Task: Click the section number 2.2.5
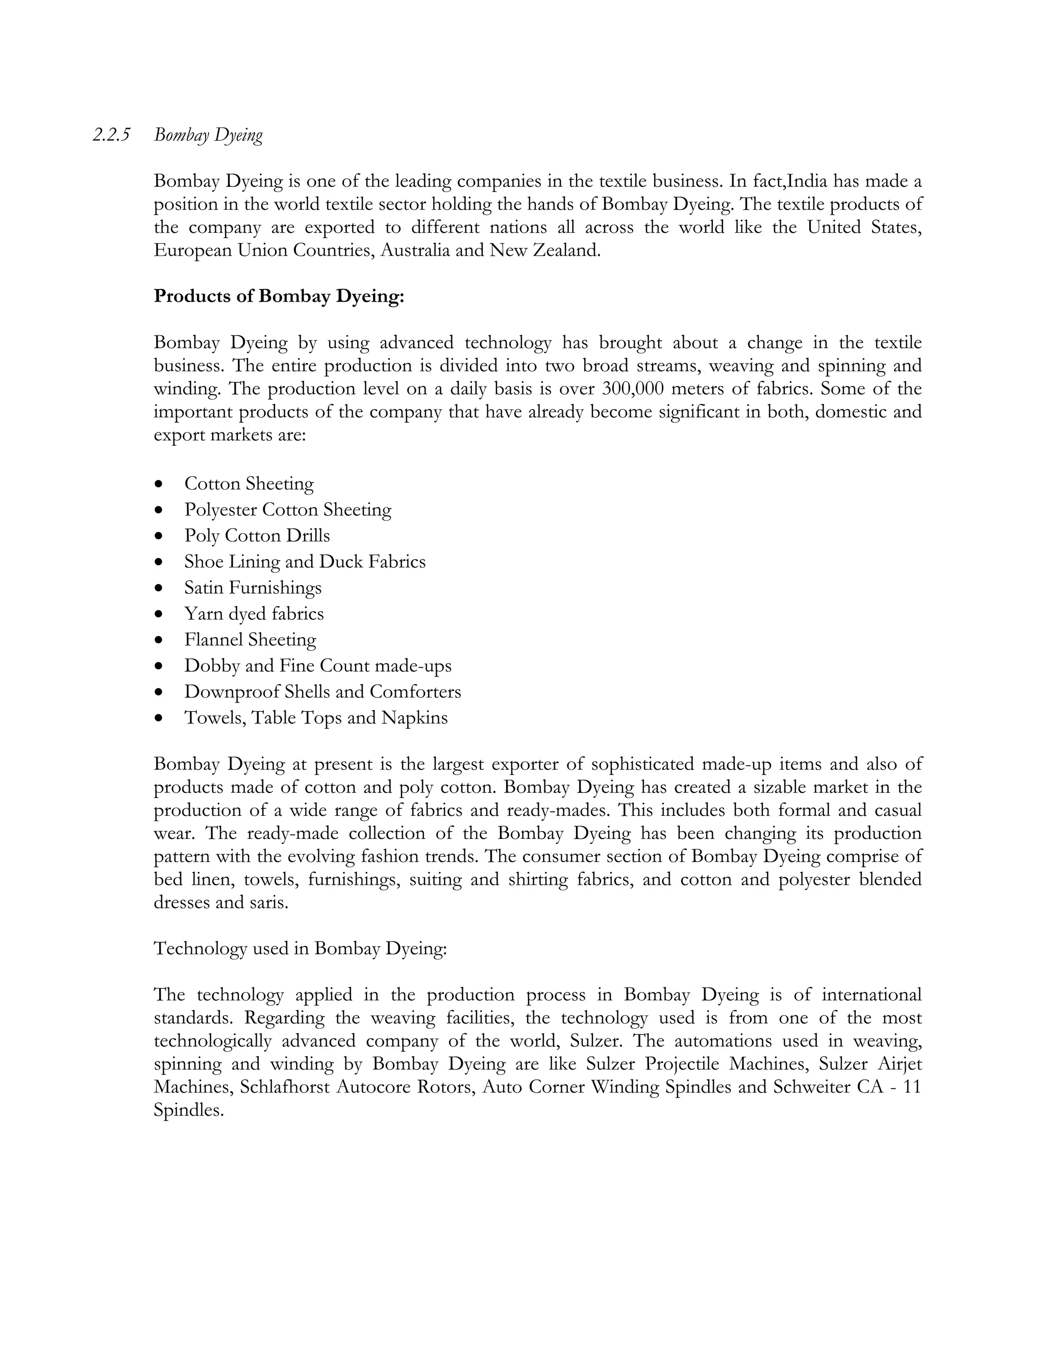pos(111,135)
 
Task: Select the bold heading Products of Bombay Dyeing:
pos(279,296)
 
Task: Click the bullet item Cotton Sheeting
pos(249,483)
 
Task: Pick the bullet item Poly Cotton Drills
pos(257,535)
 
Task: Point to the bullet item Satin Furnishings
pos(253,587)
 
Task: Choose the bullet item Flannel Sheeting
pos(250,639)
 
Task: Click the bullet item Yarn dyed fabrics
pos(254,613)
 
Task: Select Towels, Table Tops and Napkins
pos(316,717)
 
